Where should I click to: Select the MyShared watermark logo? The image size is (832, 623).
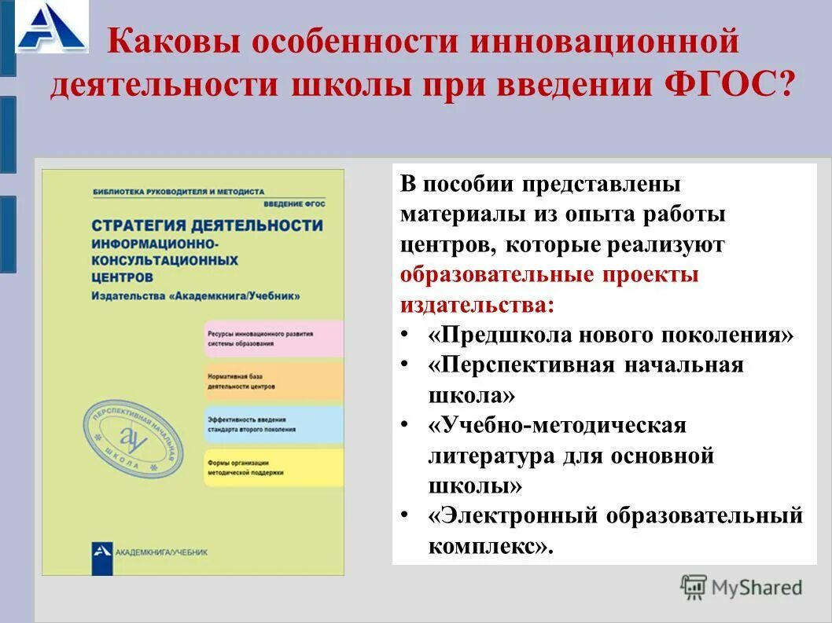742,587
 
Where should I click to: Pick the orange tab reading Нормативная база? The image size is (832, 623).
273,382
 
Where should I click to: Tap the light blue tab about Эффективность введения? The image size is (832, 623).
273,424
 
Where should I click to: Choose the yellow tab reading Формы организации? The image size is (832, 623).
273,467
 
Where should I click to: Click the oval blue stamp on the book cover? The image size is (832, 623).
131,439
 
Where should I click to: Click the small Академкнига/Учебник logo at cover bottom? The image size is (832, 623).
103,552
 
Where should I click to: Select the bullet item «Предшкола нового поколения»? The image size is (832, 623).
611,335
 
